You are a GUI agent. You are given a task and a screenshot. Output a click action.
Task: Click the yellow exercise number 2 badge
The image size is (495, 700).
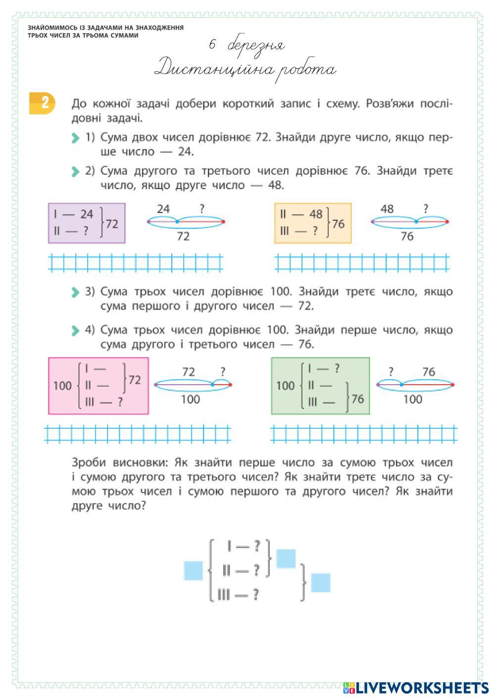pyautogui.click(x=42, y=103)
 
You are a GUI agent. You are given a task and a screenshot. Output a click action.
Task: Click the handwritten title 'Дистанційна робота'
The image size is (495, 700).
pyautogui.click(x=245, y=69)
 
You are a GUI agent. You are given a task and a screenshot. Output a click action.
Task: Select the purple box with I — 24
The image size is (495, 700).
pyautogui.click(x=86, y=223)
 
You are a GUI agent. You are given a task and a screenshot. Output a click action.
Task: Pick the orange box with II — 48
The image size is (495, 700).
pyautogui.click(x=312, y=223)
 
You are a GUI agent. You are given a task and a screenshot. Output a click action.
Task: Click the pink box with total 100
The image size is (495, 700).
pyautogui.click(x=98, y=385)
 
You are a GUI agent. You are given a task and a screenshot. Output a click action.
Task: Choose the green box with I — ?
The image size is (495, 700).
pyautogui.click(x=320, y=385)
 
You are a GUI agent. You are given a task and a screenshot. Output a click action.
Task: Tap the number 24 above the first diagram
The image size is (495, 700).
pyautogui.click(x=163, y=209)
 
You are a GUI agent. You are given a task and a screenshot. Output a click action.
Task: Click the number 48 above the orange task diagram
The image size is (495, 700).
pyautogui.click(x=387, y=209)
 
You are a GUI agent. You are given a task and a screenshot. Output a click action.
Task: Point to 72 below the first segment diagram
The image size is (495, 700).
pyautogui.click(x=183, y=237)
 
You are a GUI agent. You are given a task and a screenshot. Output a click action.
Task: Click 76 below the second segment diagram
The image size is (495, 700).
pyautogui.click(x=407, y=237)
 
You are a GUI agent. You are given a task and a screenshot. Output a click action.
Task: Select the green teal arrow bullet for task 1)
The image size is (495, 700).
pyautogui.click(x=75, y=138)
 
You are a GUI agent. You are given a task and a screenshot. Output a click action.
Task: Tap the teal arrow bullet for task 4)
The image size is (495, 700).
pyautogui.click(x=75, y=330)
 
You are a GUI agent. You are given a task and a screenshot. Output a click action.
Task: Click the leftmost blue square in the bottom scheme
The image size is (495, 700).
pyautogui.click(x=193, y=570)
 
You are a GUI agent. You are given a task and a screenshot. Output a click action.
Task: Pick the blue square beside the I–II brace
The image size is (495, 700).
pyautogui.click(x=286, y=558)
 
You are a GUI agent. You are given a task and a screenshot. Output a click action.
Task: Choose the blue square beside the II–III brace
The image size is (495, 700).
pyautogui.click(x=320, y=583)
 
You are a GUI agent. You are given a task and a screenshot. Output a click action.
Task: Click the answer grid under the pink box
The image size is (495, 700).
pyautogui.click(x=138, y=434)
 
